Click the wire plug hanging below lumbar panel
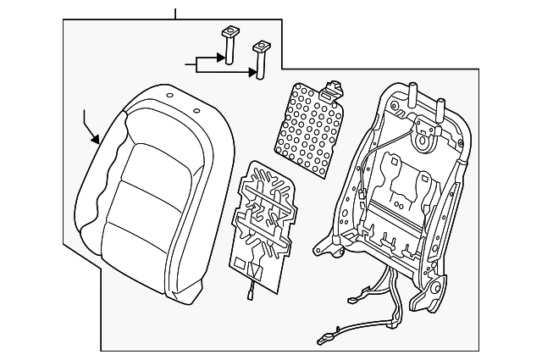pos(252,293)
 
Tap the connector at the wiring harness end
pos(327,340)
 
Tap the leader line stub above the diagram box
pos(175,14)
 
